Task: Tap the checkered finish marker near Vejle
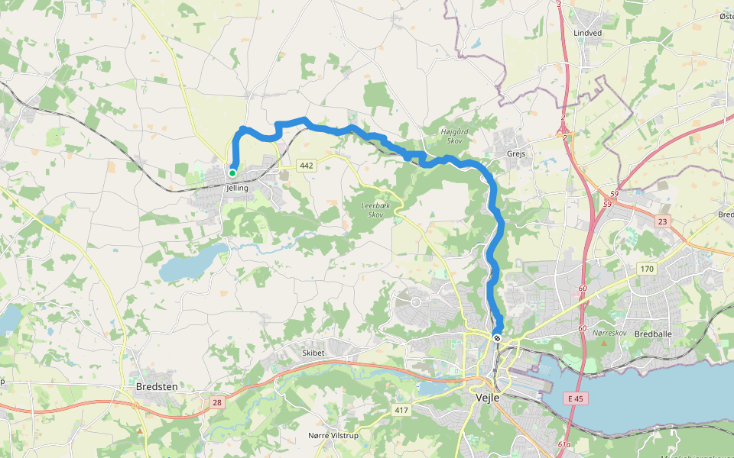[497, 338]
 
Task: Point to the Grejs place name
[517, 153]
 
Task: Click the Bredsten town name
[156, 387]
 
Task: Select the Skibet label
[313, 353]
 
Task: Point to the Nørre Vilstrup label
[333, 435]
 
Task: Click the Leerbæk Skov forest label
[375, 210]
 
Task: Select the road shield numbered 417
[401, 411]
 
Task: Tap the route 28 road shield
[218, 402]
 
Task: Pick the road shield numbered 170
[647, 268]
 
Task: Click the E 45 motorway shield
[576, 398]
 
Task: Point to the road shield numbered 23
[662, 221]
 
